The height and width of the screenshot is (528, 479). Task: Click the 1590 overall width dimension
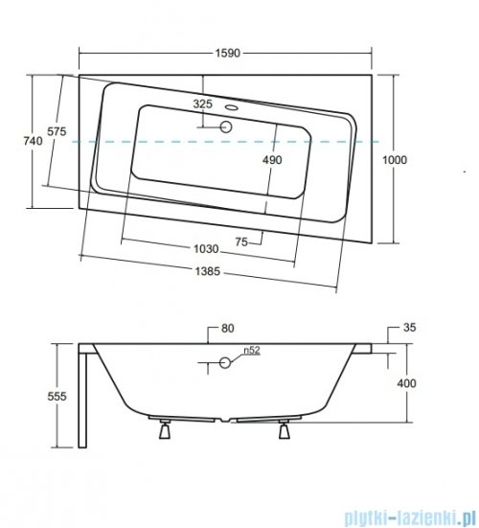pyautogui.click(x=228, y=53)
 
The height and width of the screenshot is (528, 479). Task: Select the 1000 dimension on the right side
pyautogui.click(x=395, y=160)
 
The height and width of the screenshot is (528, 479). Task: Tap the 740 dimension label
pyautogui.click(x=33, y=141)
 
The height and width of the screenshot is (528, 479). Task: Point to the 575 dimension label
pyautogui.click(x=57, y=131)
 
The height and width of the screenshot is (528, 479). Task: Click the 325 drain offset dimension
pyautogui.click(x=203, y=104)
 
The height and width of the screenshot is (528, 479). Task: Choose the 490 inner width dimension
pyautogui.click(x=272, y=160)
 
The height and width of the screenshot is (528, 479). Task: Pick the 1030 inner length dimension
pyautogui.click(x=206, y=249)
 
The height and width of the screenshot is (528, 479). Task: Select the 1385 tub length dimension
pyautogui.click(x=207, y=271)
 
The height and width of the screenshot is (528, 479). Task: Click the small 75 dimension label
pyautogui.click(x=241, y=241)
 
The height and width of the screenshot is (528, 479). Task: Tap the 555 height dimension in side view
pyautogui.click(x=57, y=397)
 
